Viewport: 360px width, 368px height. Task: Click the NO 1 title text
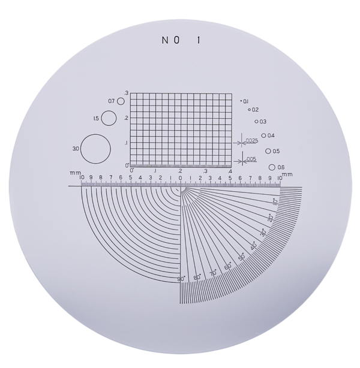[x=181, y=40]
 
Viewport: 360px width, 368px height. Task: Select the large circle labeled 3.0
[x=80, y=149]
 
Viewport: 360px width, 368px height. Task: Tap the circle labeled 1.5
[x=101, y=118]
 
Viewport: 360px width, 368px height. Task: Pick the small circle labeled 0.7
[x=118, y=101]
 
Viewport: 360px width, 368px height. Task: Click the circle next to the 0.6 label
[x=269, y=167]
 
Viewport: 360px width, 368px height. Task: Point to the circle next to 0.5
[x=266, y=151]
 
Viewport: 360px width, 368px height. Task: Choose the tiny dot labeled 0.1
[x=241, y=101]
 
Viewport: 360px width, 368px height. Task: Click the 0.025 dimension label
[x=251, y=141]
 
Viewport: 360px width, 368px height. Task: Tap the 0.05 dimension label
[x=251, y=159]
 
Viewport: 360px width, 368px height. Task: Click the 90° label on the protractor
[x=181, y=279]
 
